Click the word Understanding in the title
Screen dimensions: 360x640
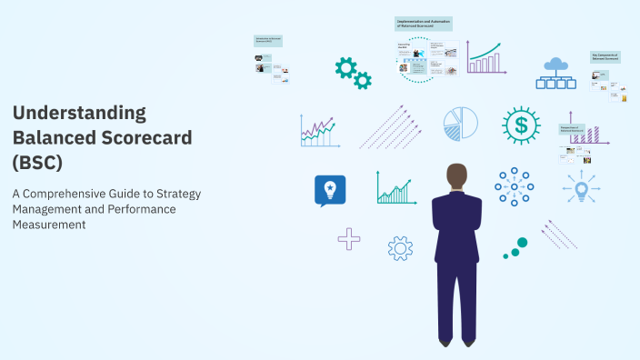point(79,113)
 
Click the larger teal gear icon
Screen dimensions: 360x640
point(345,66)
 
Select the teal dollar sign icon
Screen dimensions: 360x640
point(521,125)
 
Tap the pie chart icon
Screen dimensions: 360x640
point(461,124)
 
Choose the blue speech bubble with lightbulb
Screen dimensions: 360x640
point(329,190)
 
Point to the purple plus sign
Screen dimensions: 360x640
point(348,239)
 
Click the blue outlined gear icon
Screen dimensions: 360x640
point(400,247)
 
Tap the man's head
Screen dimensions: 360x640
point(457,175)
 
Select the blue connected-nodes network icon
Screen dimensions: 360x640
point(514,186)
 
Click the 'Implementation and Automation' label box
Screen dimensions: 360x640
point(425,24)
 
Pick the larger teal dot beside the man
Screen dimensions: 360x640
point(521,244)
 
